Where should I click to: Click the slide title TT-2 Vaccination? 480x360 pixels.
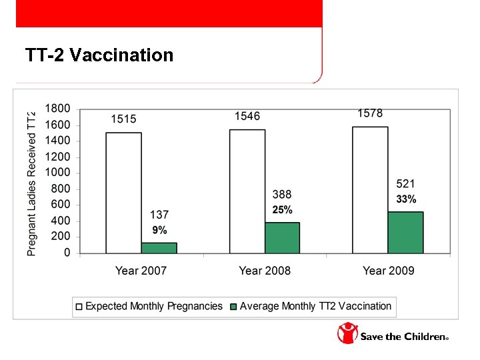pyautogui.click(x=99, y=55)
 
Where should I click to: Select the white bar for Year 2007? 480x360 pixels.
pyautogui.click(x=123, y=193)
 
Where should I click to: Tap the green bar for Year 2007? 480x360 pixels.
pyautogui.click(x=159, y=248)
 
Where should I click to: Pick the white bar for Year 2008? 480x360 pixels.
pyautogui.click(x=247, y=191)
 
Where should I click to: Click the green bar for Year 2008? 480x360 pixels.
pyautogui.click(x=282, y=238)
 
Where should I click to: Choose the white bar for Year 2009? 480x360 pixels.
pyautogui.click(x=370, y=190)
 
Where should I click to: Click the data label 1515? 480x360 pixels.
pyautogui.click(x=123, y=119)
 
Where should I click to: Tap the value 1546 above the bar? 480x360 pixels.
pyautogui.click(x=247, y=116)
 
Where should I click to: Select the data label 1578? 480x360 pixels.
pyautogui.click(x=370, y=113)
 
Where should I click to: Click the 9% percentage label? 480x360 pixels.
pyautogui.click(x=159, y=231)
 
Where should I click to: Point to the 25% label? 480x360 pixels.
pyautogui.click(x=282, y=210)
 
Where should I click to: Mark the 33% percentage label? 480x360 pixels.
pyautogui.click(x=406, y=199)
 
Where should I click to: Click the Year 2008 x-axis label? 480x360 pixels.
pyautogui.click(x=265, y=271)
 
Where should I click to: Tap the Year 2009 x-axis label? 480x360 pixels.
pyautogui.click(x=388, y=271)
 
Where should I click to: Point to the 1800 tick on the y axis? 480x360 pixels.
pyautogui.click(x=57, y=109)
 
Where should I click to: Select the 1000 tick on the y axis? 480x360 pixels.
pyautogui.click(x=57, y=173)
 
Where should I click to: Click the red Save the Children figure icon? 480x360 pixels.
pyautogui.click(x=347, y=333)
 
